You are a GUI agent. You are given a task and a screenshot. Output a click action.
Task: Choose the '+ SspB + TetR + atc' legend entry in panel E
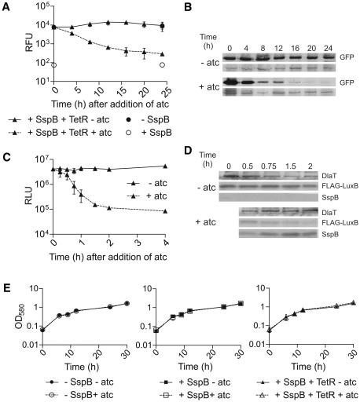307,395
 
